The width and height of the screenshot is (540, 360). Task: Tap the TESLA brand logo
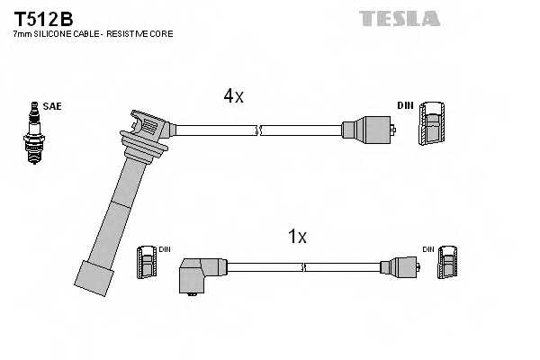click(399, 17)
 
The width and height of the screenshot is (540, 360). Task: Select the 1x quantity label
click(297, 238)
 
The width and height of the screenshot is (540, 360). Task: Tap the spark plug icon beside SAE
click(33, 132)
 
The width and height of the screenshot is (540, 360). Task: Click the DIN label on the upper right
click(405, 106)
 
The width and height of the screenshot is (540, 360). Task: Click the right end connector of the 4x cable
click(368, 130)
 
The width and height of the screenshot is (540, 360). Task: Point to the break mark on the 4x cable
click(258, 130)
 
